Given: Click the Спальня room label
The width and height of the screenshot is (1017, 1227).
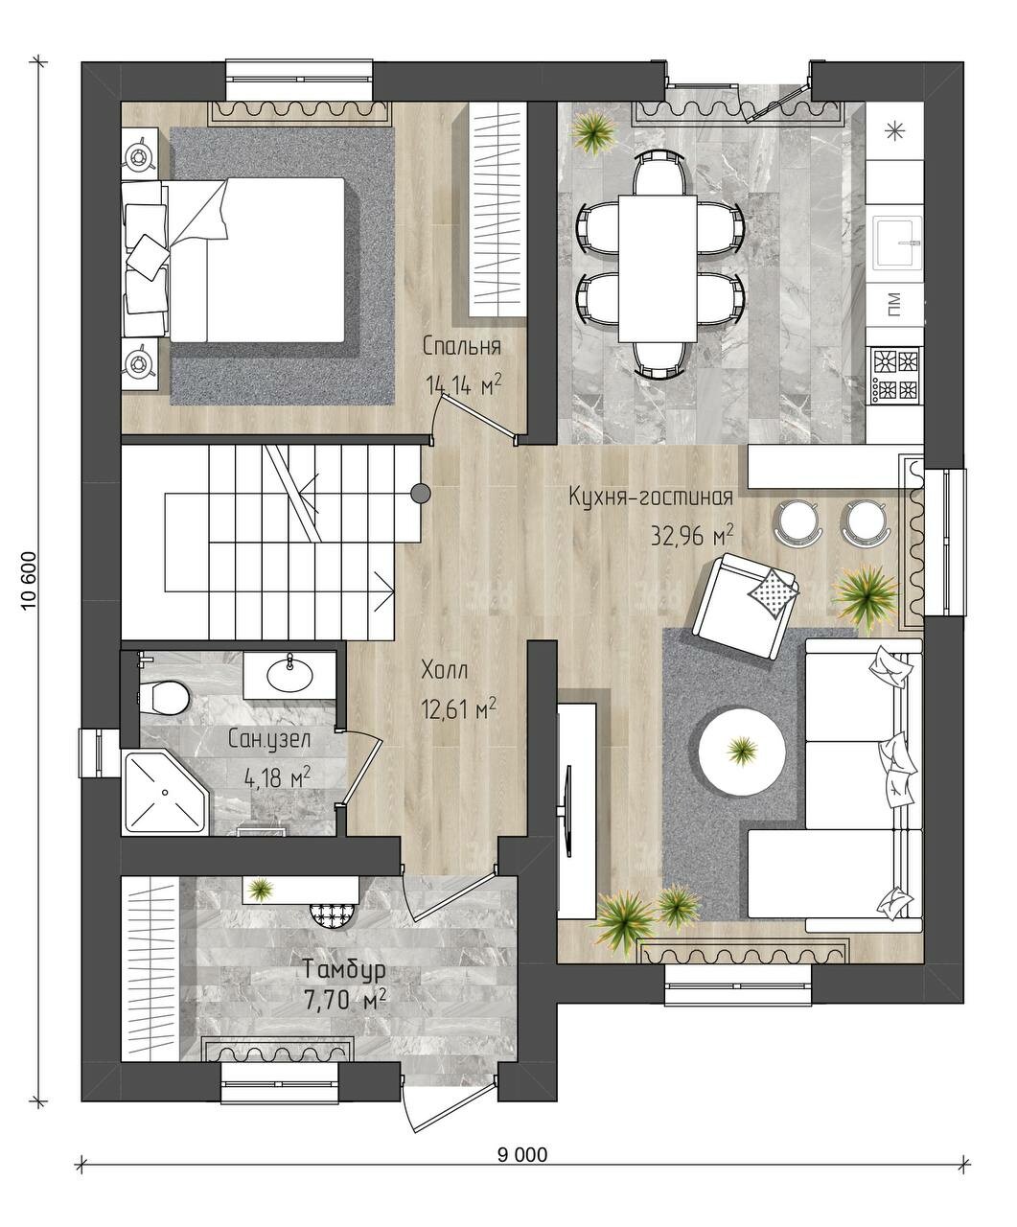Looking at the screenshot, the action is coord(462,347).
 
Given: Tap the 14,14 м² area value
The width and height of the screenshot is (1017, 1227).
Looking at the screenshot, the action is coord(464,385).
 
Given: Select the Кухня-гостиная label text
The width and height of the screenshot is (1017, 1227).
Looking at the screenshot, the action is coord(651,498).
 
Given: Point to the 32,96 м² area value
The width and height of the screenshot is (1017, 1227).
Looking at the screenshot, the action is coord(692,535).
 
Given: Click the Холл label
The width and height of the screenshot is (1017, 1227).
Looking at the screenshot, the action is coord(444,670).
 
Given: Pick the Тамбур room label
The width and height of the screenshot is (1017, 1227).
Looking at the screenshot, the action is coord(344,969).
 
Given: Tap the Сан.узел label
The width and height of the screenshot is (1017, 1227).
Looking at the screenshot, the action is coord(269,739).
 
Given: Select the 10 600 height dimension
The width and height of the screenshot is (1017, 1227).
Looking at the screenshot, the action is coord(30,581).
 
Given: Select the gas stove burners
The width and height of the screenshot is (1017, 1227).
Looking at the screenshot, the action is coord(896,375).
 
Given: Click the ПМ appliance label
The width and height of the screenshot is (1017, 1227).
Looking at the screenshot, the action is coord(895,305).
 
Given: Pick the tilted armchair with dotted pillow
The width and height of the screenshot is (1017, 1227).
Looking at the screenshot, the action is coord(745,605).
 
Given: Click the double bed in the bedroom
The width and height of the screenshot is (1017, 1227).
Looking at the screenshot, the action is coord(233,260).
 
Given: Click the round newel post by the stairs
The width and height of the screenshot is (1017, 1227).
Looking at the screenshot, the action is coord(421,493).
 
